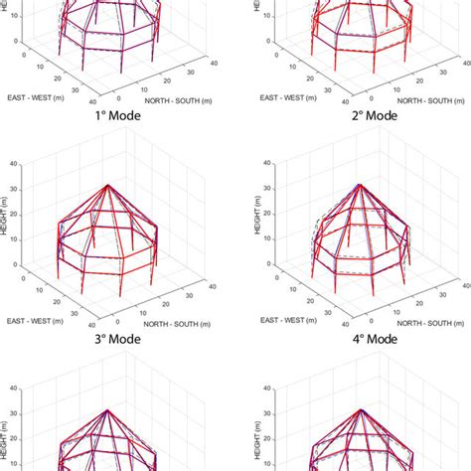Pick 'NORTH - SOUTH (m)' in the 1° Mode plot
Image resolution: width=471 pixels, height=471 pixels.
(x=178, y=100)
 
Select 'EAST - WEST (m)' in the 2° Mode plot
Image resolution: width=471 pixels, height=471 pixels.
(x=296, y=99)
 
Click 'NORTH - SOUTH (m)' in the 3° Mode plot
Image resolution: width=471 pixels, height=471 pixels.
(x=178, y=323)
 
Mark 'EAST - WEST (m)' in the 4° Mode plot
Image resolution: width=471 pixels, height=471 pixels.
(x=296, y=322)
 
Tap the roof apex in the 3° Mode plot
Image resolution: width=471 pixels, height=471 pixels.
(x=108, y=185)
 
